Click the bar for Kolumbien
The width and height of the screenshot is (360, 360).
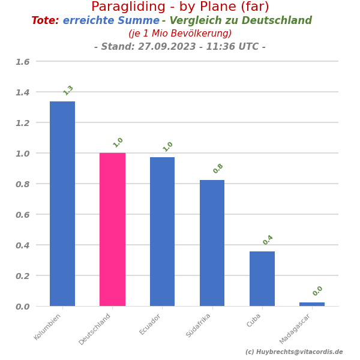pyautogui.click(x=62, y=204)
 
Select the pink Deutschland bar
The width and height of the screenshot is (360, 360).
pyautogui.click(x=112, y=229)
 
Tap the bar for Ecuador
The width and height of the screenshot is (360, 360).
pyautogui.click(x=162, y=232)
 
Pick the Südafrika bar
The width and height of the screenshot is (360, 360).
pyautogui.click(x=212, y=243)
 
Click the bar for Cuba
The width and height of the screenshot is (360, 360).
pyautogui.click(x=262, y=278)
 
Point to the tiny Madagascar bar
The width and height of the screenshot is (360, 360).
pyautogui.click(x=312, y=304)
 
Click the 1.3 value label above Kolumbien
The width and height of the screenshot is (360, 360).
pyautogui.click(x=68, y=90)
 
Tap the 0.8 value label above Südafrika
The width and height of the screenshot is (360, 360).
pyautogui.click(x=218, y=169)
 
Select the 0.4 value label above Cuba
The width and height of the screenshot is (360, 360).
pyautogui.click(x=268, y=240)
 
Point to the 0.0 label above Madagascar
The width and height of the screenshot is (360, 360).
pyautogui.click(x=318, y=291)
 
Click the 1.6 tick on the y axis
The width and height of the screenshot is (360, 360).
pyautogui.click(x=22, y=62)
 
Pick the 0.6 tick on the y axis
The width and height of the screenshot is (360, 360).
pyautogui.click(x=22, y=215)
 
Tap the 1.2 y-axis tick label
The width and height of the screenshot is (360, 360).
pyautogui.click(x=22, y=123)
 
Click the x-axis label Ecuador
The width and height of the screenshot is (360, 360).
pyautogui.click(x=151, y=324)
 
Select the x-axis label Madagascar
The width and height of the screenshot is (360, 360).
pyautogui.click(x=295, y=329)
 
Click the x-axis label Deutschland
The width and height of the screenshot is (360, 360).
pyautogui.click(x=95, y=329)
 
